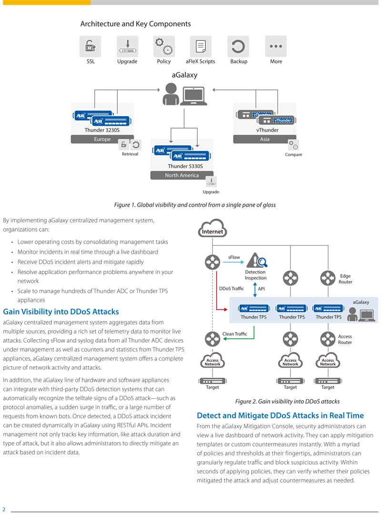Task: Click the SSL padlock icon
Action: [90, 46]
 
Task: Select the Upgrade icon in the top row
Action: [128, 46]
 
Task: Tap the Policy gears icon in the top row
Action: [164, 46]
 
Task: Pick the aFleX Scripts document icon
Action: [201, 46]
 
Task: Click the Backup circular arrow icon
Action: [238, 46]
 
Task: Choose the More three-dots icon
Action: [276, 46]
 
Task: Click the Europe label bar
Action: [102, 139]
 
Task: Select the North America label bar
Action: [182, 175]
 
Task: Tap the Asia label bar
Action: [265, 139]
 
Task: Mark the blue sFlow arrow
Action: [233, 262]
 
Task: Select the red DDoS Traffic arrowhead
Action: [225, 309]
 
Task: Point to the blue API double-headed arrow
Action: [255, 290]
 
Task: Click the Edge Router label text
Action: [345, 279]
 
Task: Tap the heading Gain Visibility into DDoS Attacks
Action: [61, 312]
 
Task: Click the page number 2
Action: [4, 509]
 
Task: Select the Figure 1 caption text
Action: [195, 205]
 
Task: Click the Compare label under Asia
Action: [293, 154]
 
